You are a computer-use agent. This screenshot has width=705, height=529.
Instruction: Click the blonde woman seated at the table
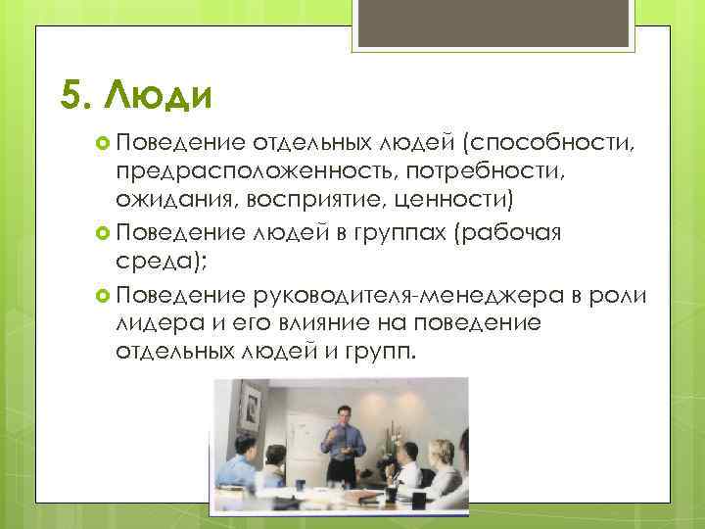446,480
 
